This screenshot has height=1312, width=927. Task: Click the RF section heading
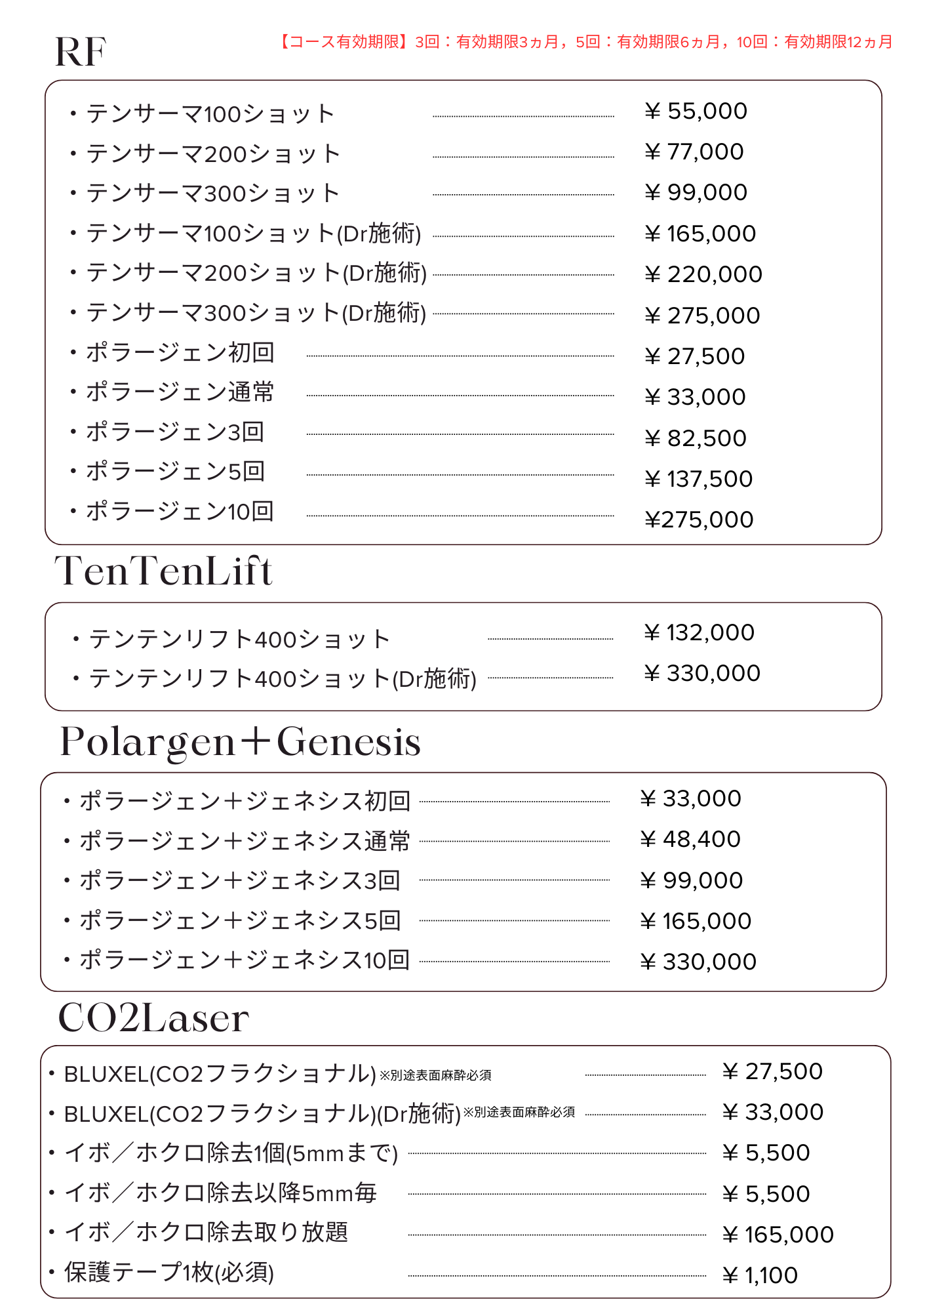click(81, 52)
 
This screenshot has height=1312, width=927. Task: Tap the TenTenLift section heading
click(163, 571)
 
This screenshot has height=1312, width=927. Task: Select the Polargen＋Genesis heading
click(240, 741)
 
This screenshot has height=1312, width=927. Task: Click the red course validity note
click(585, 42)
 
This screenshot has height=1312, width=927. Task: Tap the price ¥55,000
click(696, 112)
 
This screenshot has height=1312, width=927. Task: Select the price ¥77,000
click(694, 152)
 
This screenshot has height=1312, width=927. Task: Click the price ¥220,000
click(703, 274)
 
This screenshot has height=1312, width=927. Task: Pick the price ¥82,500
click(695, 438)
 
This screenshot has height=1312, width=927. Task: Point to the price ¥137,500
click(698, 479)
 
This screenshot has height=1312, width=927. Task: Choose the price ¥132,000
click(699, 632)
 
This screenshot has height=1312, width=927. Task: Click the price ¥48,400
click(690, 839)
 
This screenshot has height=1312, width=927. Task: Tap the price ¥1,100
click(760, 1275)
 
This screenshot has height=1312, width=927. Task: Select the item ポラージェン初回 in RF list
click(180, 353)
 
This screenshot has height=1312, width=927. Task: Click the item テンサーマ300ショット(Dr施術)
click(256, 313)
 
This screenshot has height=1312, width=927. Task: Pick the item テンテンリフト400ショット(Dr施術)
click(283, 678)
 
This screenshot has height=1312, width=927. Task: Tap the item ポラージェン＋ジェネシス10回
click(245, 960)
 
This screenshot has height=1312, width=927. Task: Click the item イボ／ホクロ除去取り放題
click(206, 1233)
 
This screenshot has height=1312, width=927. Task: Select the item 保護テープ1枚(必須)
click(168, 1273)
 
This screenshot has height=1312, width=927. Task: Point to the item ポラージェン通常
click(180, 392)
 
